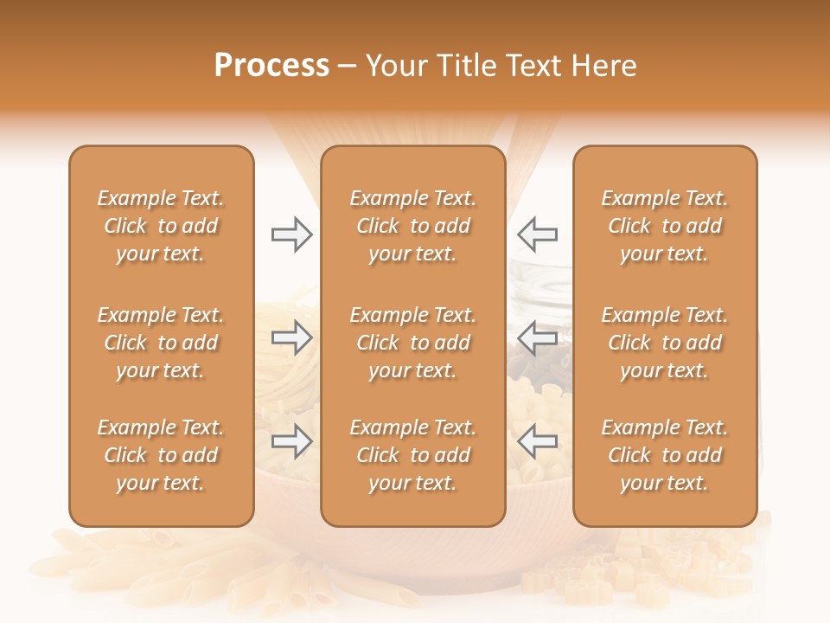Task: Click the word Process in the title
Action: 271,66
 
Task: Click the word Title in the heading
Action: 461,66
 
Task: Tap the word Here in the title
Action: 602,66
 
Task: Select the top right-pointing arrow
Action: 291,234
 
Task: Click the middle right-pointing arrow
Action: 291,337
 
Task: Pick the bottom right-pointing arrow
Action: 291,441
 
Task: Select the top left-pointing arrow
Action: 537,234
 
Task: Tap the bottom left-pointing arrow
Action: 537,441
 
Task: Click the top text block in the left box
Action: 161,226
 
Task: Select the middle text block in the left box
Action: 161,343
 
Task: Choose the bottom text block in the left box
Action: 161,455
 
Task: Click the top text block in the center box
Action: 412,226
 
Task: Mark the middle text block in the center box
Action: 412,343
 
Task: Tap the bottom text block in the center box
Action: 412,455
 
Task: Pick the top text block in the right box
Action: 664,226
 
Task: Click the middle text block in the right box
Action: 664,343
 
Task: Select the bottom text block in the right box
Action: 664,455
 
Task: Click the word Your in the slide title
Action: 395,66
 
